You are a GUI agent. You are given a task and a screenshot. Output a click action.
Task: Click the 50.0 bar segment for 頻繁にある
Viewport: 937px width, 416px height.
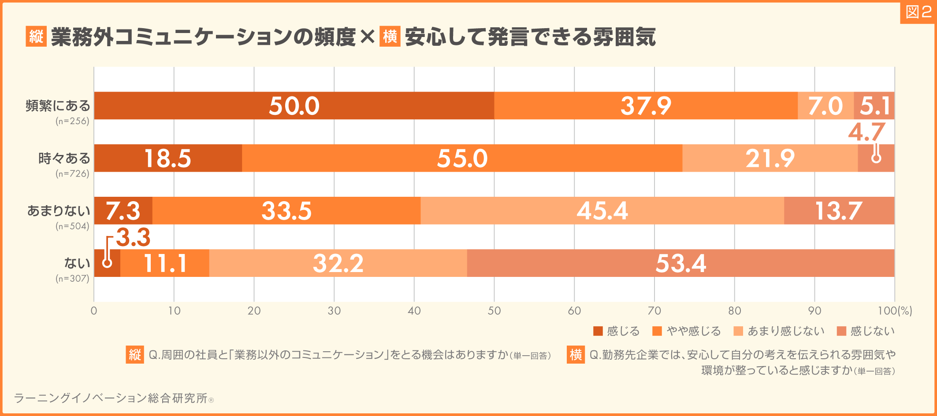(294, 106)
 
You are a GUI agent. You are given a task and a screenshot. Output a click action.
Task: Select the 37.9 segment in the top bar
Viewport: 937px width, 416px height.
(646, 106)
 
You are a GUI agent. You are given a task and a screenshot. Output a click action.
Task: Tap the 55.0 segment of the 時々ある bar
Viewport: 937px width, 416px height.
(462, 158)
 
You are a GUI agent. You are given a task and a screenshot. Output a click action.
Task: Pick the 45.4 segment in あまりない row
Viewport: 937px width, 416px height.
(602, 210)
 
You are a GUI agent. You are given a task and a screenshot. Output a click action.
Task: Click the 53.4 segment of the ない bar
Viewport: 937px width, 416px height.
(680, 263)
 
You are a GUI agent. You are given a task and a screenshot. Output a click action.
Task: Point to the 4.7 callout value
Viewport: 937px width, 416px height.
(866, 132)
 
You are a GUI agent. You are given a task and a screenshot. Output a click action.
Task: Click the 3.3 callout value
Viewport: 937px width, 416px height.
(133, 238)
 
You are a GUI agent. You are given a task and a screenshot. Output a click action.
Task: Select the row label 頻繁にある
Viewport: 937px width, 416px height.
(58, 106)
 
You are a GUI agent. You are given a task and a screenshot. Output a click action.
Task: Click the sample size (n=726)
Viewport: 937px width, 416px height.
(72, 173)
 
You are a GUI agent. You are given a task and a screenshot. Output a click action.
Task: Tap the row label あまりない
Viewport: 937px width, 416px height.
(59, 210)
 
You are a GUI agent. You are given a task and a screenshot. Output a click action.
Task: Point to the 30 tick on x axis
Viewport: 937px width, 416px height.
(334, 311)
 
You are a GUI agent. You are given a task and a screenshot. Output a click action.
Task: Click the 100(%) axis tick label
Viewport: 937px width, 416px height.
(895, 311)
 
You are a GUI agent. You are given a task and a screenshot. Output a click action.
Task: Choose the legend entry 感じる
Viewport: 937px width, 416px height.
(616, 331)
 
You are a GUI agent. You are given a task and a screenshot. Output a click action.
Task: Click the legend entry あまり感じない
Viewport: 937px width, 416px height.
(779, 331)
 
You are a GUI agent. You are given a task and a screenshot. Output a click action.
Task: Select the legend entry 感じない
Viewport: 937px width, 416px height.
(866, 331)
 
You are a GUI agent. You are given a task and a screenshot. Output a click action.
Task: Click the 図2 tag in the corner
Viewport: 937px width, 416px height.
(918, 12)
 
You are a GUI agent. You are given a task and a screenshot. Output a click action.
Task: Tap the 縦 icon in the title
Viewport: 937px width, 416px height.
(36, 36)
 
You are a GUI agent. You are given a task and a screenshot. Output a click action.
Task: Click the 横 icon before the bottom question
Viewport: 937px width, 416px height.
(576, 354)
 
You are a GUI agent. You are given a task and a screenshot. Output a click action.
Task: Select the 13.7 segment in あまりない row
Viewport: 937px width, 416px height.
(838, 210)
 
